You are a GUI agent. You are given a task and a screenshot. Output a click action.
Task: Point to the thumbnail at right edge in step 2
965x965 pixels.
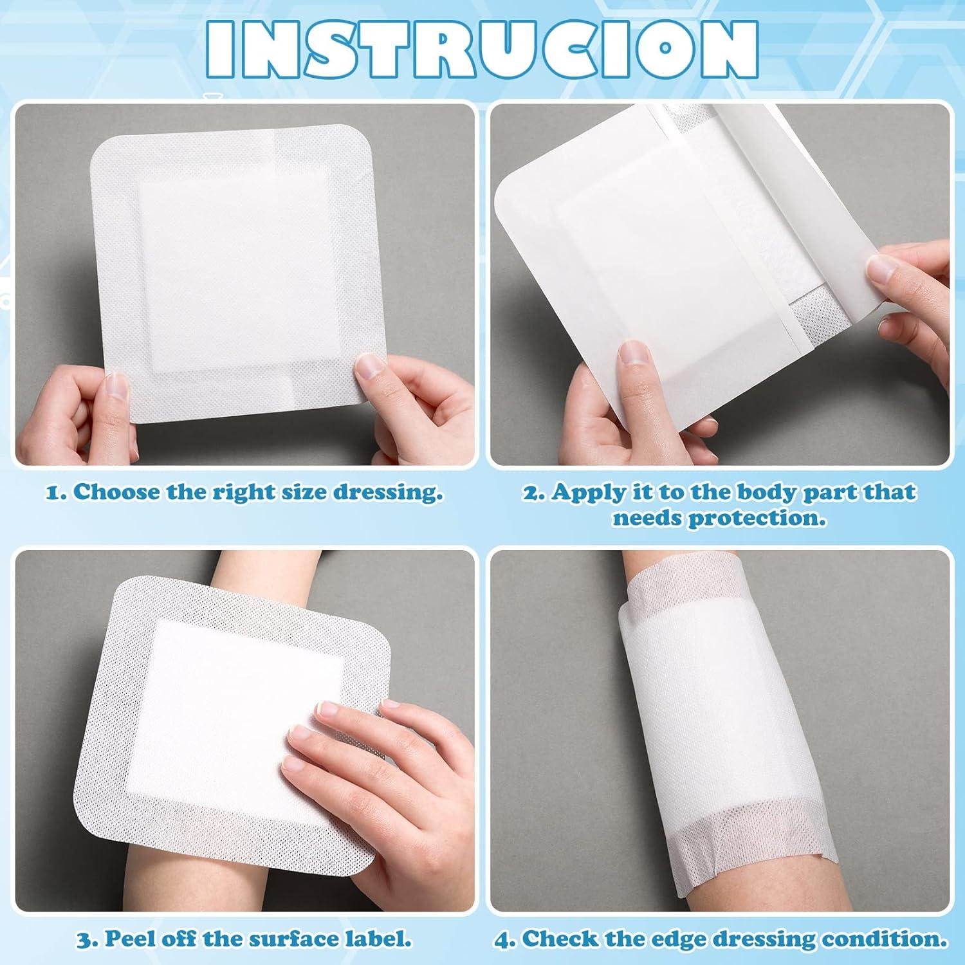point(883,271)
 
